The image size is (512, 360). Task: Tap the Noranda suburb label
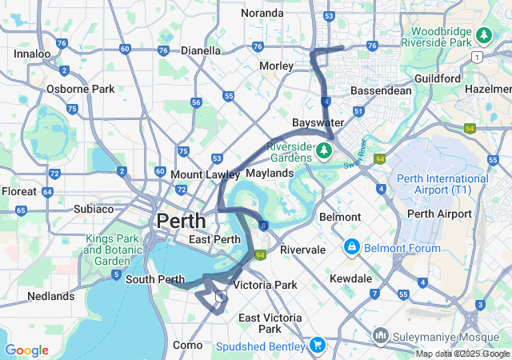pos(262,13)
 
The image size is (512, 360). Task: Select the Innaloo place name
pos(32,54)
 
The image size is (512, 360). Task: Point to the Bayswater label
pos(318,122)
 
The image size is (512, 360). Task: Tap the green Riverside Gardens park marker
pos(325,150)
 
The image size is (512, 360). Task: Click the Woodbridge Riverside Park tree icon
pos(483,35)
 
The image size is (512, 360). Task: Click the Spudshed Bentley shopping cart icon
pos(317,346)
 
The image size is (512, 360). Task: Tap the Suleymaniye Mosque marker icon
pos(380,334)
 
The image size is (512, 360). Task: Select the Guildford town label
pos(438,78)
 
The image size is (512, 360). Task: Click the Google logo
pos(26,350)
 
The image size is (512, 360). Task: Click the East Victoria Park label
pos(270,323)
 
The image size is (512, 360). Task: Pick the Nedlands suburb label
pos(50,296)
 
